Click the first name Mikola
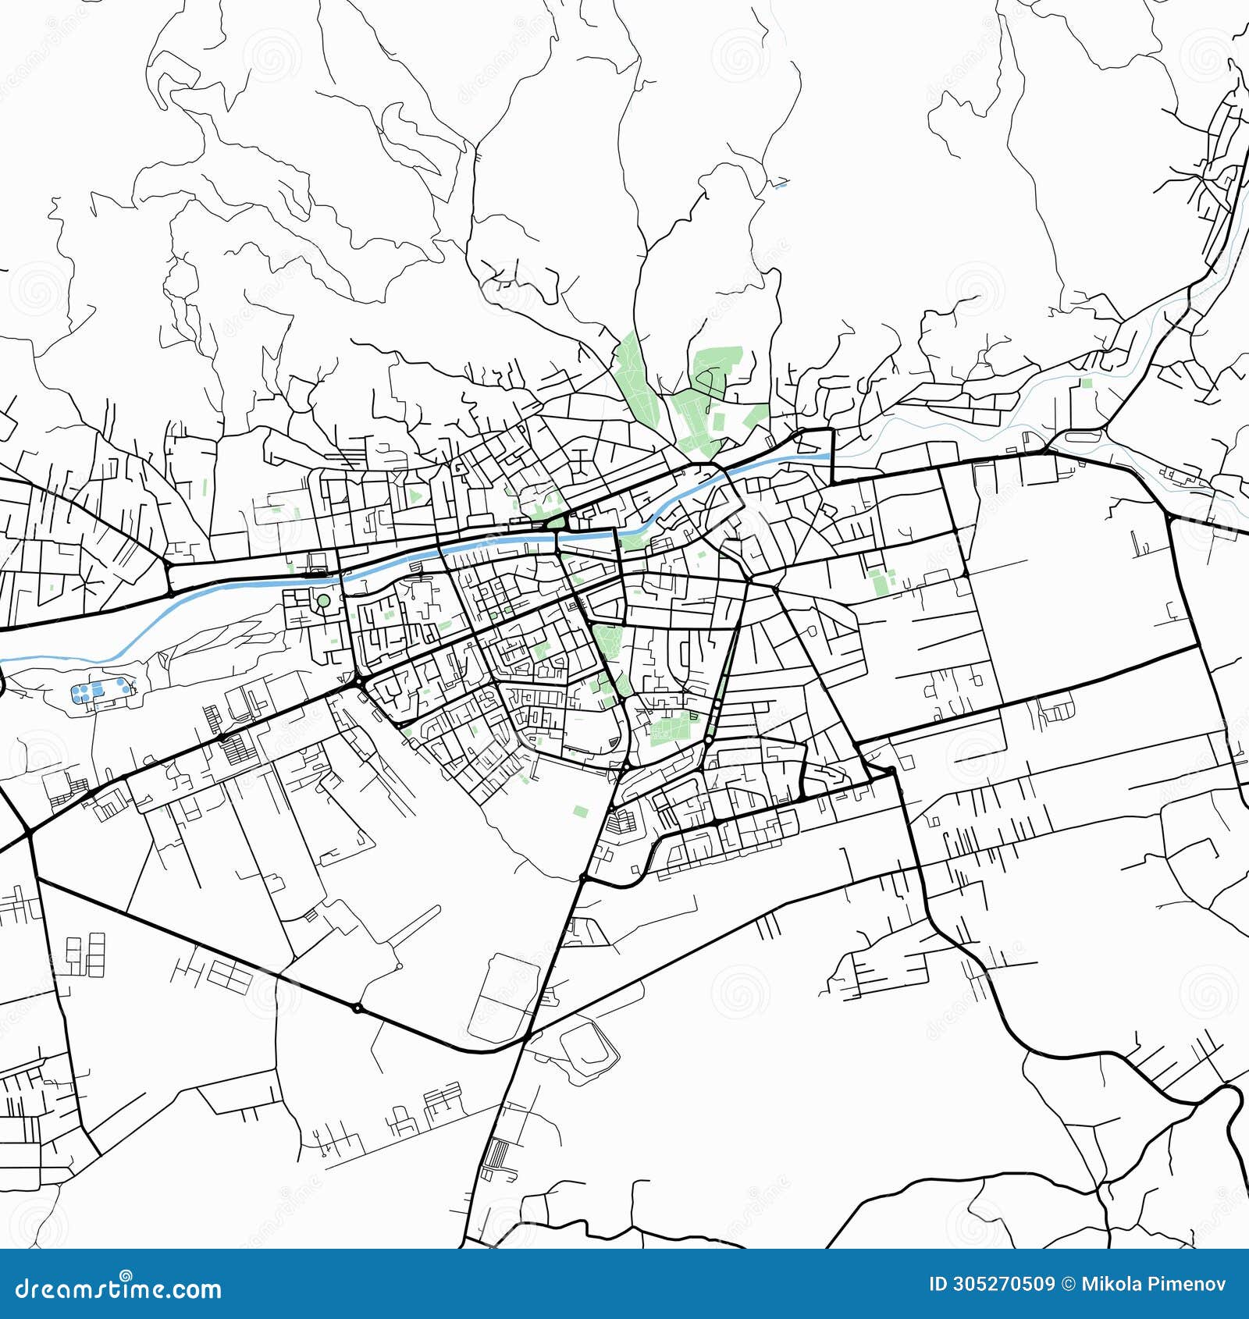point(1109,1285)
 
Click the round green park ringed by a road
point(322,601)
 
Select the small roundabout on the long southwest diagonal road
point(357,1008)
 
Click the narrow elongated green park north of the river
point(632,375)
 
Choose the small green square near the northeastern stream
point(1087,383)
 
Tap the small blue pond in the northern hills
point(781,185)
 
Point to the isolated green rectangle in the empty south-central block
point(580,811)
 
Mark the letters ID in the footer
point(938,1285)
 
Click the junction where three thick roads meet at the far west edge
point(29,834)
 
